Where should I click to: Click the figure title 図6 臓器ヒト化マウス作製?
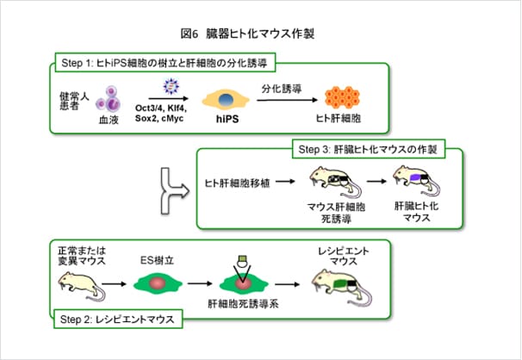pos(260,34)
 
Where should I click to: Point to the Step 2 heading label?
pos(117,320)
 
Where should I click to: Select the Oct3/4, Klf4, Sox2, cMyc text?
pos(162,116)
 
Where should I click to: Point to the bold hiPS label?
pos(223,122)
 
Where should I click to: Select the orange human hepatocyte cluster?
pos(343,99)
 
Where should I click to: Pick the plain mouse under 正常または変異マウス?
pos(81,283)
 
